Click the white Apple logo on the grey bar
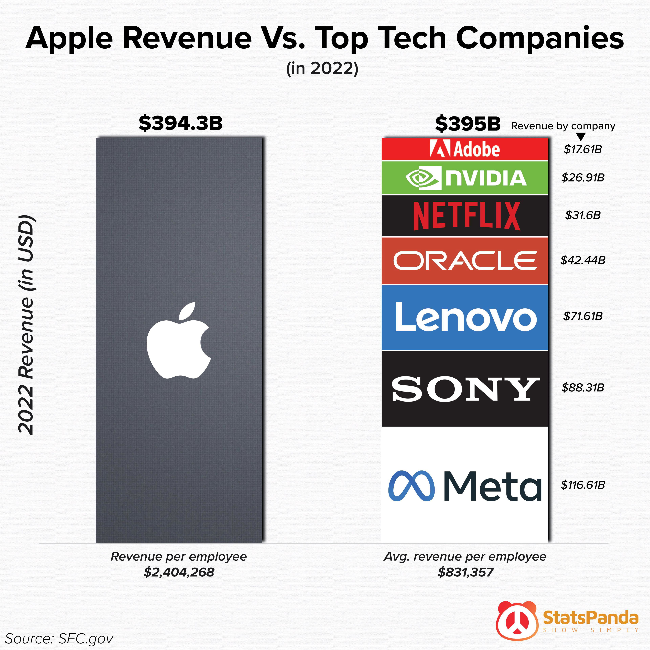pos(179,340)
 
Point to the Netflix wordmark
pos(466,216)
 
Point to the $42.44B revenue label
pos(583,260)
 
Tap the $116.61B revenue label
pos(583,485)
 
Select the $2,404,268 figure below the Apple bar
pos(179,572)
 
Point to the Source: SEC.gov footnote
pos(59,638)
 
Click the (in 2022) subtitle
pos(322,68)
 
